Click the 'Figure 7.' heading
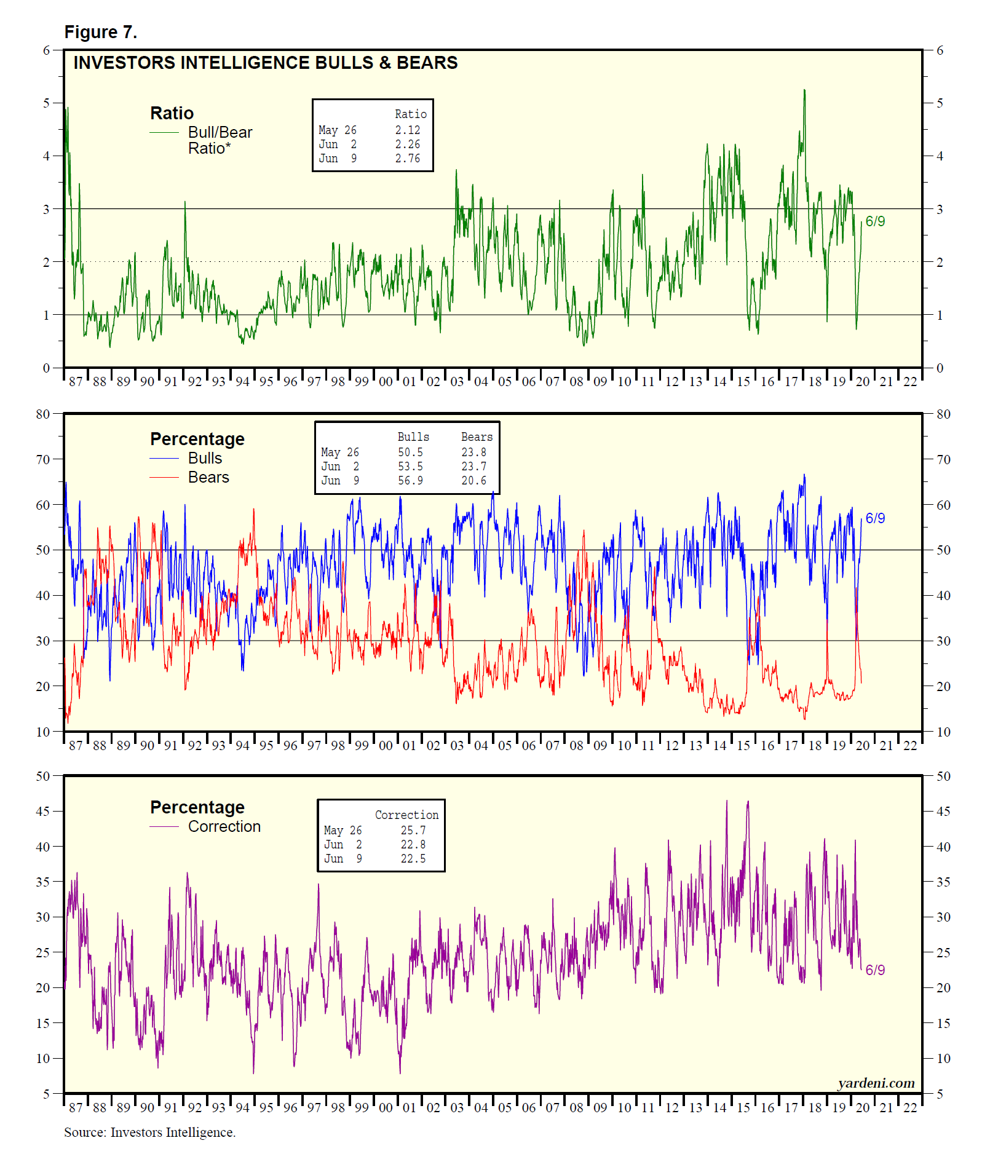click(x=100, y=32)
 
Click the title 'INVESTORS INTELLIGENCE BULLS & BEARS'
click(x=265, y=63)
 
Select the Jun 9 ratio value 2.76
click(x=407, y=159)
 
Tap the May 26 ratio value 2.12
click(x=407, y=130)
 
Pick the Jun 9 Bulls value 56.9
click(x=410, y=481)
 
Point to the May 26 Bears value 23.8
click(x=473, y=453)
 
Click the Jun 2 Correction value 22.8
click(x=413, y=845)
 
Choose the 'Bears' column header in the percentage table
click(x=477, y=437)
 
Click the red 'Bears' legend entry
click(x=208, y=478)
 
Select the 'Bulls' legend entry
click(x=205, y=459)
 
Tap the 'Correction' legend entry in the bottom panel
click(x=224, y=827)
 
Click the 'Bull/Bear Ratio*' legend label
click(x=220, y=140)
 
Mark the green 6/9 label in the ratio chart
click(x=875, y=221)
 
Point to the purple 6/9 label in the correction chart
click(x=875, y=970)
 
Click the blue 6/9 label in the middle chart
click(x=875, y=518)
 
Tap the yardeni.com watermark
click(x=876, y=1083)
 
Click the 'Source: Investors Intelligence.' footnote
click(x=149, y=1132)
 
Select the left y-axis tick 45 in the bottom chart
click(x=42, y=812)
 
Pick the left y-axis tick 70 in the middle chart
click(x=42, y=459)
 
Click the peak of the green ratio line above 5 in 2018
click(x=804, y=90)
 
